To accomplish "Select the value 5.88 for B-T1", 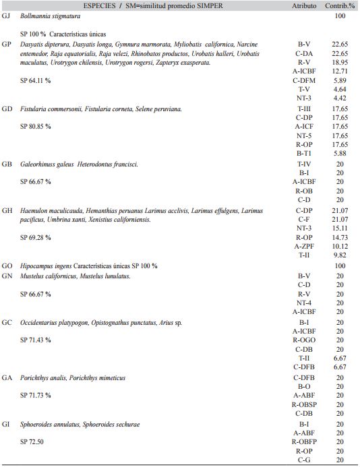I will click(x=340, y=154).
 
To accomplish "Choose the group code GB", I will click(x=7, y=164).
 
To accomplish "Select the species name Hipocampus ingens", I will click(x=45, y=266).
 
